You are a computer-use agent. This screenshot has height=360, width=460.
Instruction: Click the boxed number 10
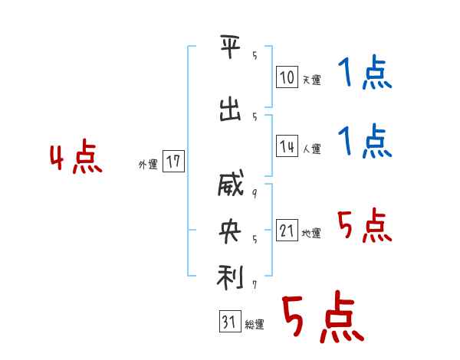pos(287,77)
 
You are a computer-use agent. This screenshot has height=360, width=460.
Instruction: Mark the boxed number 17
pos(173,162)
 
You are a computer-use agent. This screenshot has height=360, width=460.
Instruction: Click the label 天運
pos(311,79)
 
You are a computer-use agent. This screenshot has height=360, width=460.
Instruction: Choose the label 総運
pos(255,325)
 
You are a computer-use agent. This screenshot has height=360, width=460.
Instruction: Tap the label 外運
pos(148,164)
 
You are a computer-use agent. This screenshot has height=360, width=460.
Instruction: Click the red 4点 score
pos(75,159)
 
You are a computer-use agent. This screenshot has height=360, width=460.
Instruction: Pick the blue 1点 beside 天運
pos(364,74)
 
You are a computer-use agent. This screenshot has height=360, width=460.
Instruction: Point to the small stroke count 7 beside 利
pos(253,285)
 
